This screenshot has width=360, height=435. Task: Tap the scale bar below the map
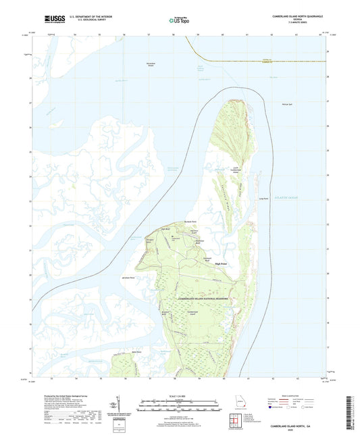[179, 404]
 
